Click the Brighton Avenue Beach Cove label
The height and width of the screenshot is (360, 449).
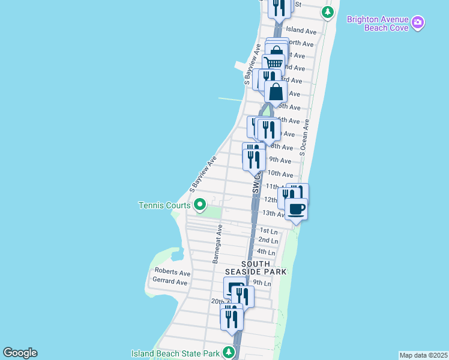pyautogui.click(x=378, y=24)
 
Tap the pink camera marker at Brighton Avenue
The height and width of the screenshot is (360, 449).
pyautogui.click(x=418, y=24)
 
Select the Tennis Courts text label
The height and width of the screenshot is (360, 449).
pyautogui.click(x=164, y=205)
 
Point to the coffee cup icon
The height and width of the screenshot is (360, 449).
pyautogui.click(x=296, y=209)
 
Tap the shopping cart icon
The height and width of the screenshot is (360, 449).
pyautogui.click(x=274, y=62)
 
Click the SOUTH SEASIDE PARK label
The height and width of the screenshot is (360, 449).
pyautogui.click(x=264, y=268)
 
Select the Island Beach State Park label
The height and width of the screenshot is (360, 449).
pyautogui.click(x=176, y=353)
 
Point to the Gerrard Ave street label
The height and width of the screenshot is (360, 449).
pyautogui.click(x=170, y=281)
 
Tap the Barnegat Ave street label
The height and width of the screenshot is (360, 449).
pyautogui.click(x=217, y=244)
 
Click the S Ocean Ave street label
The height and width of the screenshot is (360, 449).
pyautogui.click(x=304, y=137)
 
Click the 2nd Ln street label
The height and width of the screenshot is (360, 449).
pyautogui.click(x=268, y=241)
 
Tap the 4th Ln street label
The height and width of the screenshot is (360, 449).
pyautogui.click(x=265, y=251)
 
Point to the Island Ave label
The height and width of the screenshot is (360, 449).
pyautogui.click(x=301, y=30)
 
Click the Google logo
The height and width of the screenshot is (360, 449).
pyautogui.click(x=20, y=353)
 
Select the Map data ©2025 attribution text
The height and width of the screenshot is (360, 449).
pyautogui.click(x=423, y=355)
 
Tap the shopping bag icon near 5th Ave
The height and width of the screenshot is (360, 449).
pyautogui.click(x=276, y=92)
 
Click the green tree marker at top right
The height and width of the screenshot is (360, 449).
pyautogui.click(x=327, y=11)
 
